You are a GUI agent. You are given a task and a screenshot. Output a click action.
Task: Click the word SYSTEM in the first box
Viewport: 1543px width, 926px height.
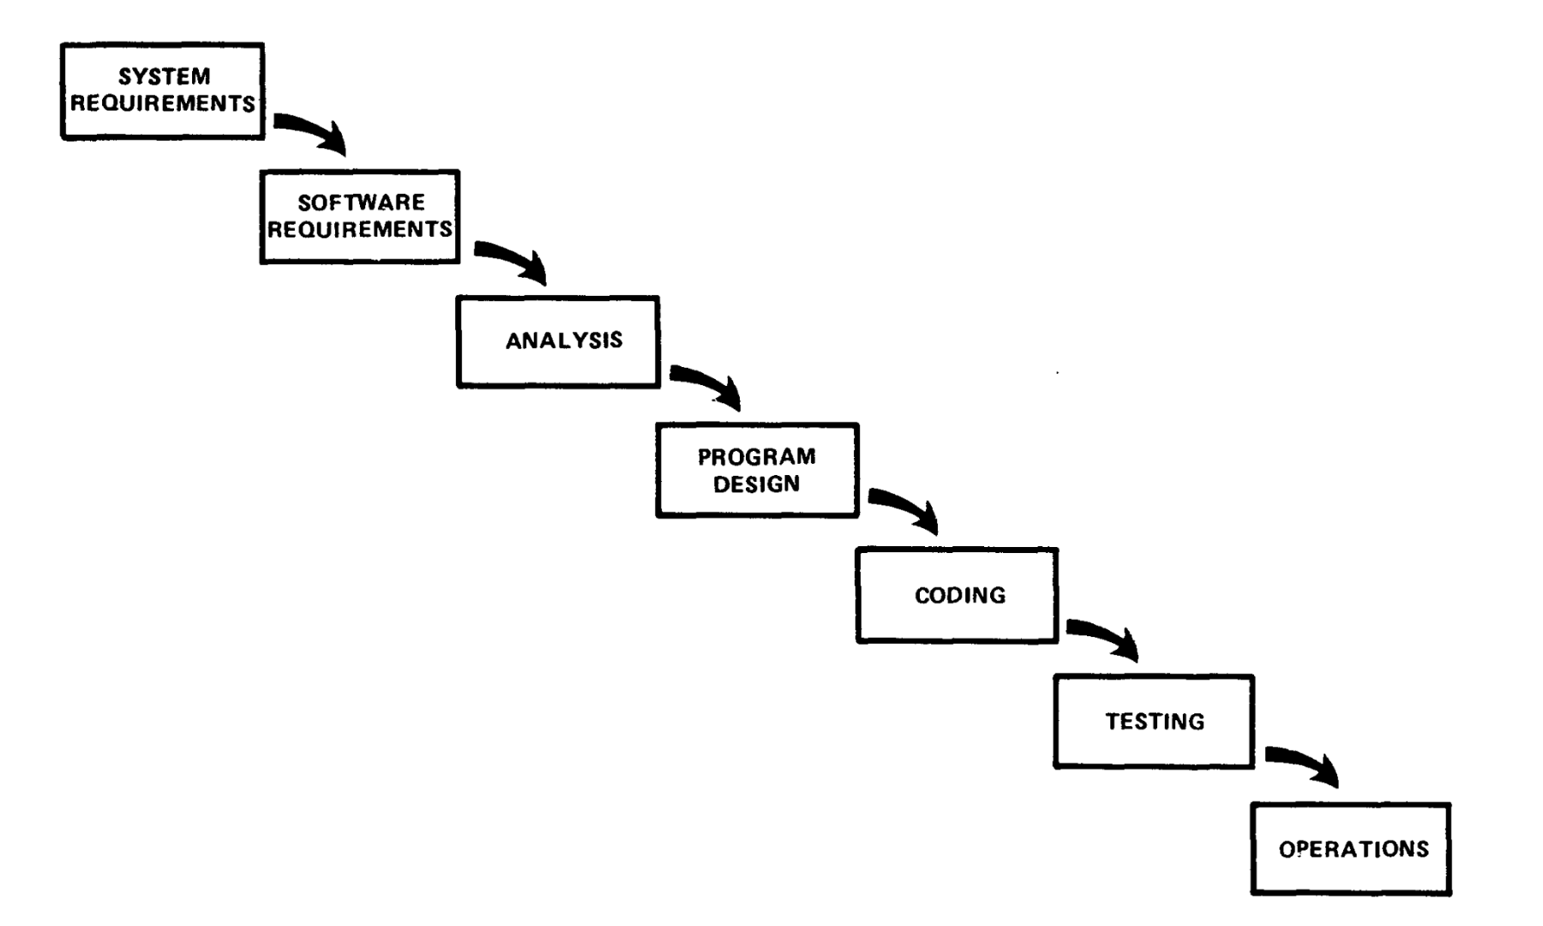pyautogui.click(x=164, y=76)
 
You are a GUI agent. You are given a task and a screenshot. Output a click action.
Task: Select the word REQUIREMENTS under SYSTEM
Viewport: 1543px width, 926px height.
pyautogui.click(x=163, y=104)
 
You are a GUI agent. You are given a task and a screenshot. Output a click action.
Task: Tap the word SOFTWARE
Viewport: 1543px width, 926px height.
pyautogui.click(x=361, y=202)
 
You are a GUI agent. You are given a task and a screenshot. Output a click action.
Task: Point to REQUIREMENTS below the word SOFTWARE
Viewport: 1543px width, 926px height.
pyautogui.click(x=360, y=230)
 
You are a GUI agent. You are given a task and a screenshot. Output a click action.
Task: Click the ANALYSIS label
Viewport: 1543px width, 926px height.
pyautogui.click(x=564, y=340)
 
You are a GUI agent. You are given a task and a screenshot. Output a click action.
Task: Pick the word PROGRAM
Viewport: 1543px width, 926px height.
pyautogui.click(x=756, y=457)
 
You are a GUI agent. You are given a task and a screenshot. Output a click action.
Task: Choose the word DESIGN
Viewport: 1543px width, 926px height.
pyautogui.click(x=756, y=484)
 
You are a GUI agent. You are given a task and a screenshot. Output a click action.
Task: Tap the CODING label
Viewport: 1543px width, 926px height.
pyautogui.click(x=960, y=595)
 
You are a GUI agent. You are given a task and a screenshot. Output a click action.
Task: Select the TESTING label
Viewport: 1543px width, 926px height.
pyautogui.click(x=1155, y=721)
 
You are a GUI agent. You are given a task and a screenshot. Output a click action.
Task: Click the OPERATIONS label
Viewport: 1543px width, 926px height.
pyautogui.click(x=1354, y=849)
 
